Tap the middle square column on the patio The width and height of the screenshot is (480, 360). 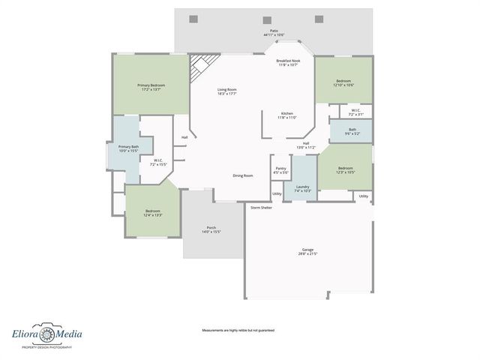267,20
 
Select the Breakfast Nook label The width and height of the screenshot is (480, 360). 287,60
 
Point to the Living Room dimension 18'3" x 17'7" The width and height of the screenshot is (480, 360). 227,94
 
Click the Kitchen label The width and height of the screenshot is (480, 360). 287,113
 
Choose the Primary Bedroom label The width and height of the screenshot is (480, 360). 151,85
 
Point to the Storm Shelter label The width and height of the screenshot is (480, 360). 261,207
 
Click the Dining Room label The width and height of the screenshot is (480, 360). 242,175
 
